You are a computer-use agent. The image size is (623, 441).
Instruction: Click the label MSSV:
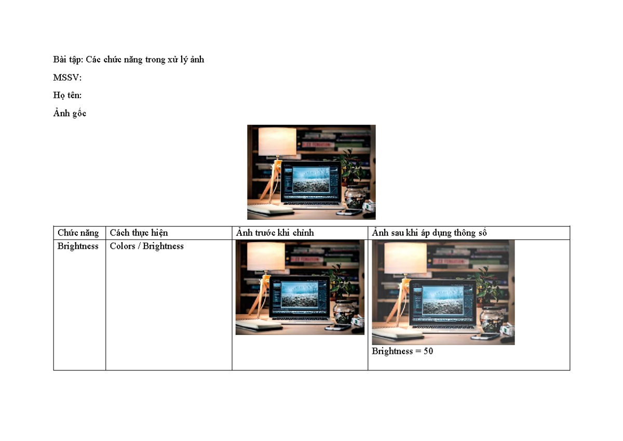click(67, 77)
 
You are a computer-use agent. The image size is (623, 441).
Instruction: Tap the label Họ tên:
click(67, 96)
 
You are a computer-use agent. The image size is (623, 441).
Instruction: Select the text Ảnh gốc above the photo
click(70, 113)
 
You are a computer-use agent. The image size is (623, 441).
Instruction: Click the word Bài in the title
click(59, 59)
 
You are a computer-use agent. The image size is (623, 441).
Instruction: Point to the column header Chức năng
click(78, 233)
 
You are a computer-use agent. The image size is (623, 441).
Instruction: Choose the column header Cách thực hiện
click(139, 233)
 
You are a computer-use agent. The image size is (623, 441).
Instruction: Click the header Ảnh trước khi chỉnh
click(275, 232)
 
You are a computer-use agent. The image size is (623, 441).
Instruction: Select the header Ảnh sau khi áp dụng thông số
click(429, 233)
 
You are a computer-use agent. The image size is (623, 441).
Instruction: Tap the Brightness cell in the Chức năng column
click(78, 246)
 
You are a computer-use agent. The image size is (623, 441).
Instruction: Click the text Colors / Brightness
click(146, 246)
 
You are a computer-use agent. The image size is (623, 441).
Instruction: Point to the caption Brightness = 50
click(402, 351)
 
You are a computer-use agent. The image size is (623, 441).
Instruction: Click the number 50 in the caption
click(428, 351)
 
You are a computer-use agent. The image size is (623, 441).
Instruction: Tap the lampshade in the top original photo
click(277, 142)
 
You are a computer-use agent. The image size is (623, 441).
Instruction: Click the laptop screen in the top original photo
click(310, 180)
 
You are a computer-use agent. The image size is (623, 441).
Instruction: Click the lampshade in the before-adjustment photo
click(266, 256)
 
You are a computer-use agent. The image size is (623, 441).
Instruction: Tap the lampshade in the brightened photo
click(405, 258)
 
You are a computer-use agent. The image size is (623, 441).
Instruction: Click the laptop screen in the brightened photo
click(442, 301)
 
